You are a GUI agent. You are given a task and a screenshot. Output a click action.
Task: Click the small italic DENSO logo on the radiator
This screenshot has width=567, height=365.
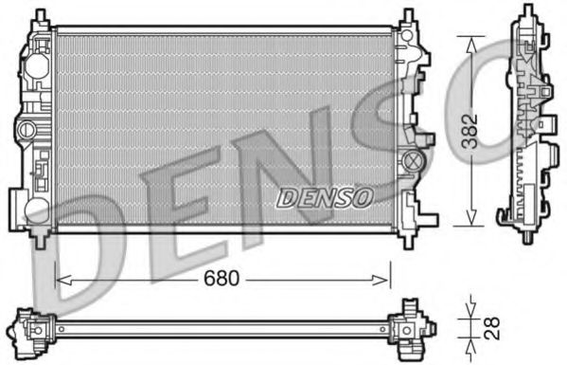pos(325,195)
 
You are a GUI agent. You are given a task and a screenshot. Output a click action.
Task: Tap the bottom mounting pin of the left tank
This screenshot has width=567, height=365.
pos(40,238)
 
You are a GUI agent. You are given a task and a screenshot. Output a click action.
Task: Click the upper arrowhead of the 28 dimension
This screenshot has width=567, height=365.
pos(470,314)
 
